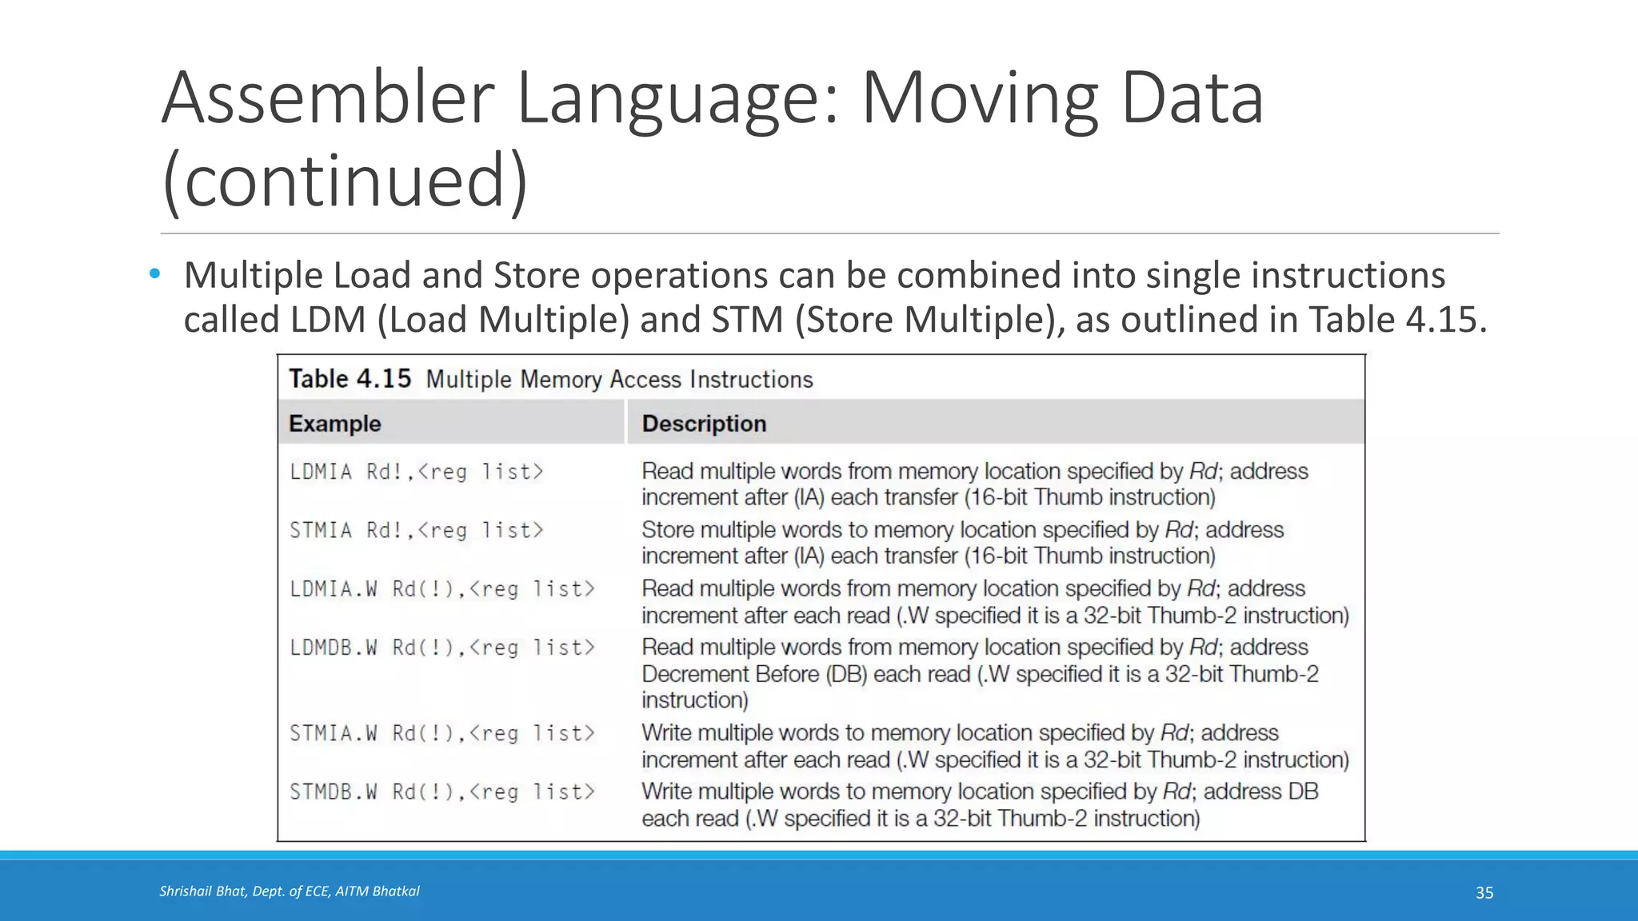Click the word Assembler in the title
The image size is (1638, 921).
329,98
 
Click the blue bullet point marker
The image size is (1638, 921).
155,275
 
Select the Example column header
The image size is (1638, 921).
334,424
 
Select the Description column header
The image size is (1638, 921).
704,424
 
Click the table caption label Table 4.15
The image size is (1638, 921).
350,379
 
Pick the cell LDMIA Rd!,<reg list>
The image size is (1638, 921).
416,472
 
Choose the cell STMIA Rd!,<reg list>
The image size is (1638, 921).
416,531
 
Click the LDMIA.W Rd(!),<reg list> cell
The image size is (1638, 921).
442,589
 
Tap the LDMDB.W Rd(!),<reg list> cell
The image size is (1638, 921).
442,648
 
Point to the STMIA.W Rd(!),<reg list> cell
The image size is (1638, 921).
442,733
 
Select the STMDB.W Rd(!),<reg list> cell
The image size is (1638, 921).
442,792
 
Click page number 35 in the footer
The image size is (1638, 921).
1484,893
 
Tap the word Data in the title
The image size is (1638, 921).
1192,98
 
